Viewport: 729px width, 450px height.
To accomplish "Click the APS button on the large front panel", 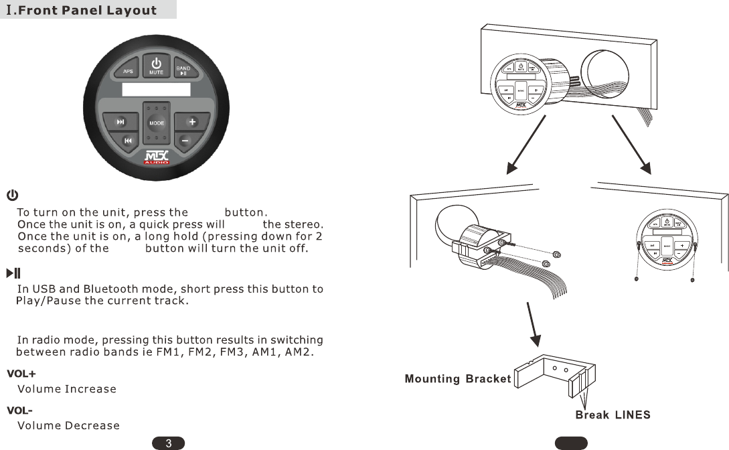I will click(128, 71).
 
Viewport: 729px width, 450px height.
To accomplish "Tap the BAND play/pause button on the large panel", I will click(183, 70).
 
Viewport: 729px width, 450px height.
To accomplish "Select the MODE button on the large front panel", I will click(157, 123).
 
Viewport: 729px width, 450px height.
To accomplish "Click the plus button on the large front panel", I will click(191, 122).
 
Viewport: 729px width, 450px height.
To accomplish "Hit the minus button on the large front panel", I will click(185, 140).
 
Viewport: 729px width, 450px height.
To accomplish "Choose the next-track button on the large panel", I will click(120, 122).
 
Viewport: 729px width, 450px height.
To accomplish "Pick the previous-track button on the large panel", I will click(128, 140).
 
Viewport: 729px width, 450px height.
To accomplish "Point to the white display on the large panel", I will click(157, 90).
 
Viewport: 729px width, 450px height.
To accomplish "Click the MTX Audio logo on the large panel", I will click(157, 159).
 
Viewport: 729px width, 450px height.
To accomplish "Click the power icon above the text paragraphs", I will click(12, 195).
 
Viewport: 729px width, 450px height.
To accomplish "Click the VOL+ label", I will click(21, 373).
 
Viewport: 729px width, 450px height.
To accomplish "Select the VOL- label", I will click(20, 410).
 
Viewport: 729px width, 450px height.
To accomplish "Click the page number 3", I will click(169, 443).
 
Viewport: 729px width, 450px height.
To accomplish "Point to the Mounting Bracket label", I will click(458, 379).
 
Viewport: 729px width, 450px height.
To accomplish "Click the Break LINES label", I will click(613, 415).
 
